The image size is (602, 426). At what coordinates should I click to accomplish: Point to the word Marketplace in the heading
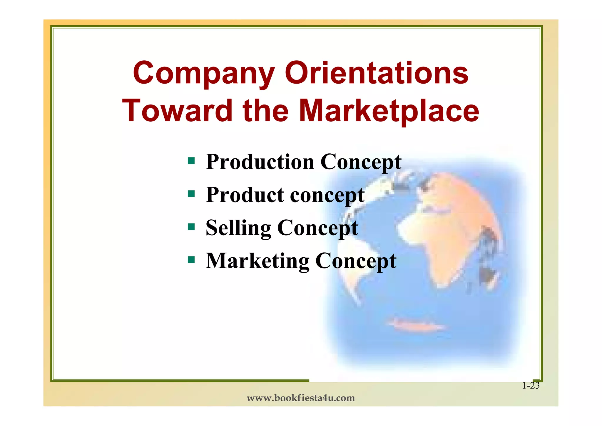389,111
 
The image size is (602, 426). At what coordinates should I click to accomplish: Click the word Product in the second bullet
245,195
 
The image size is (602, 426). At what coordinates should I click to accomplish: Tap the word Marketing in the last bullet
257,261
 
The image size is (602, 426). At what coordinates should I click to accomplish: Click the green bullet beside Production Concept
191,161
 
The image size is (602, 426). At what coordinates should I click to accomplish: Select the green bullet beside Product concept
191,194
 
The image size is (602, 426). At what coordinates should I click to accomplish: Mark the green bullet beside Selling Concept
191,227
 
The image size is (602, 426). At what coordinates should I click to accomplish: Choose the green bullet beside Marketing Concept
191,260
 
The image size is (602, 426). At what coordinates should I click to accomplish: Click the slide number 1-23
531,386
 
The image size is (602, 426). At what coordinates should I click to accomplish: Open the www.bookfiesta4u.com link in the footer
301,398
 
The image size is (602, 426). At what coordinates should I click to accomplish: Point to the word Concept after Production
361,163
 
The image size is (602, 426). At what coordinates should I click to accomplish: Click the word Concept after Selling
318,228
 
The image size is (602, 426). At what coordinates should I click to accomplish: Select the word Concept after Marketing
356,262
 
